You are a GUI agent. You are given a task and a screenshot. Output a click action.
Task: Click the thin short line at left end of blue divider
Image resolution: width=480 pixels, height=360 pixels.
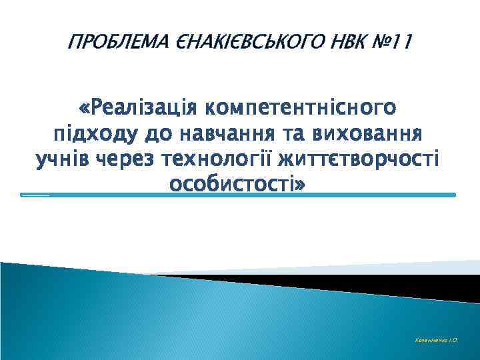(35, 196)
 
